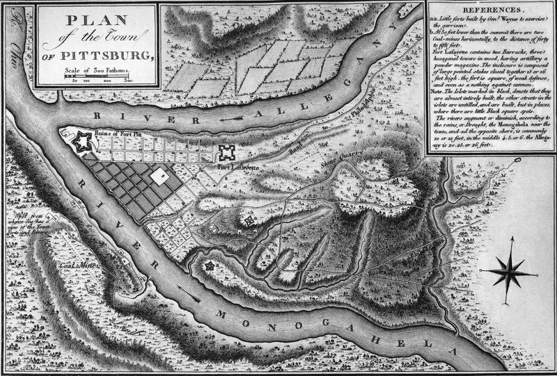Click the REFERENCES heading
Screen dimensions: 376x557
491,11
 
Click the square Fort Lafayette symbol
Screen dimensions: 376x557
227,154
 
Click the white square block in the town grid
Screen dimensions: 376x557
159,175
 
